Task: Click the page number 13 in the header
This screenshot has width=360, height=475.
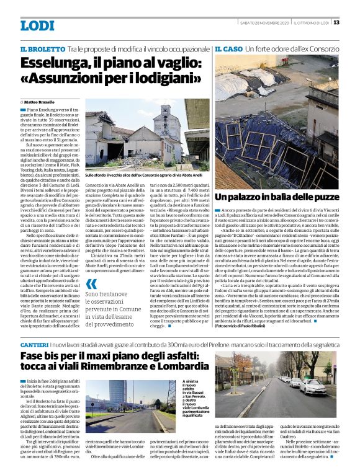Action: coord(336,22)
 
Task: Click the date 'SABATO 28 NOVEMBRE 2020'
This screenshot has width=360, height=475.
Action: coord(264,22)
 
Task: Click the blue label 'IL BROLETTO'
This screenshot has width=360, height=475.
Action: coord(42,49)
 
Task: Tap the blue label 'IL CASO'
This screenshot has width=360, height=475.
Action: coord(228,48)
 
